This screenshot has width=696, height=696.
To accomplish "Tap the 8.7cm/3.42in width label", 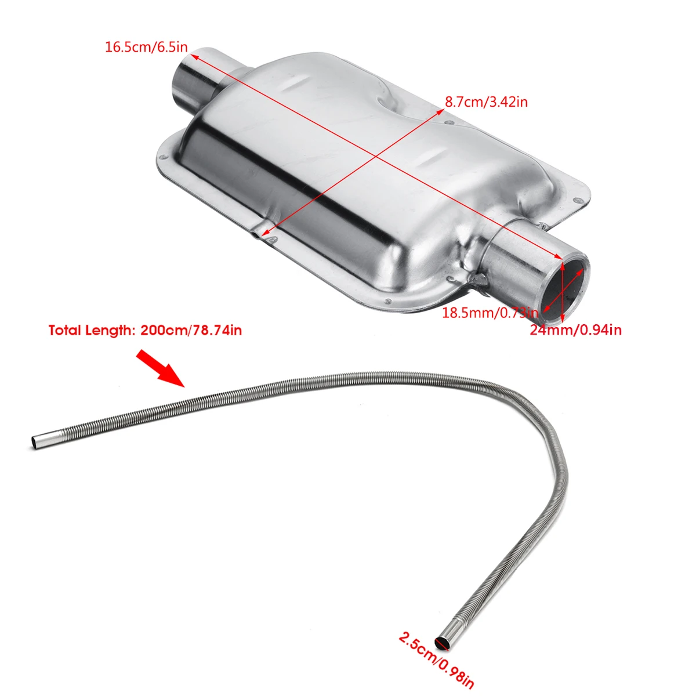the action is click(486, 102).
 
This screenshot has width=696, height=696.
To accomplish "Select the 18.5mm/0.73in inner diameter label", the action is click(490, 313).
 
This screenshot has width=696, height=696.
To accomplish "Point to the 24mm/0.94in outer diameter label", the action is click(575, 330).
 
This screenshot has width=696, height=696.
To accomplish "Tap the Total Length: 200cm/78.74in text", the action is click(145, 331).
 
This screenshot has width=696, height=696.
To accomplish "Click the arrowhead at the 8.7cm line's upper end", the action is click(439, 111).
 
